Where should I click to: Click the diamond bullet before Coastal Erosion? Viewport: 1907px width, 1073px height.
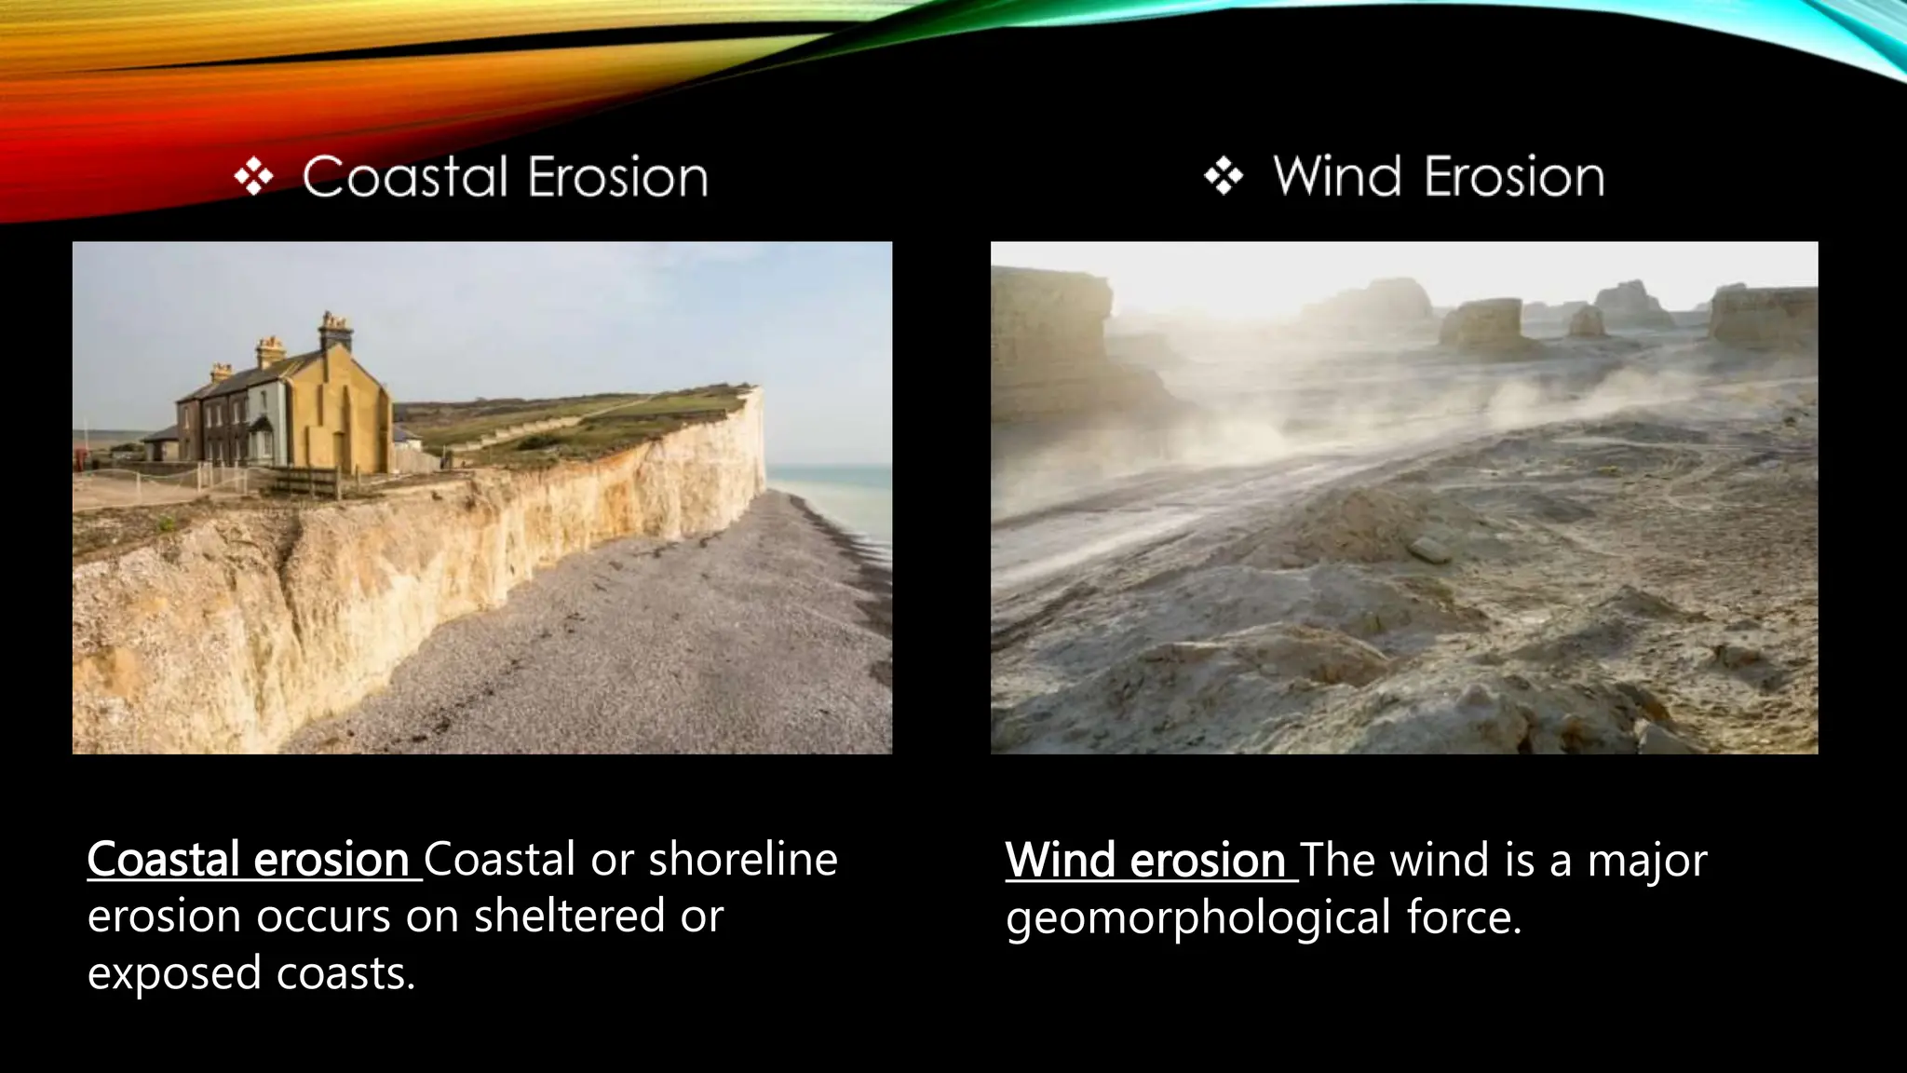[253, 177]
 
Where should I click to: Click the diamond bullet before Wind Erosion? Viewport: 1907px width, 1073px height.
[1224, 176]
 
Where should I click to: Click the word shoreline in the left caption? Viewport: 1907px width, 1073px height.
[743, 859]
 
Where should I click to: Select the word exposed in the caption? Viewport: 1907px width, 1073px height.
[174, 973]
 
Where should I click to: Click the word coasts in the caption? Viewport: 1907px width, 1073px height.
[345, 973]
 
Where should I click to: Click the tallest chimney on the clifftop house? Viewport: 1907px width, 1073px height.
[335, 331]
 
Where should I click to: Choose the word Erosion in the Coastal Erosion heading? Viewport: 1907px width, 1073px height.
[617, 177]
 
